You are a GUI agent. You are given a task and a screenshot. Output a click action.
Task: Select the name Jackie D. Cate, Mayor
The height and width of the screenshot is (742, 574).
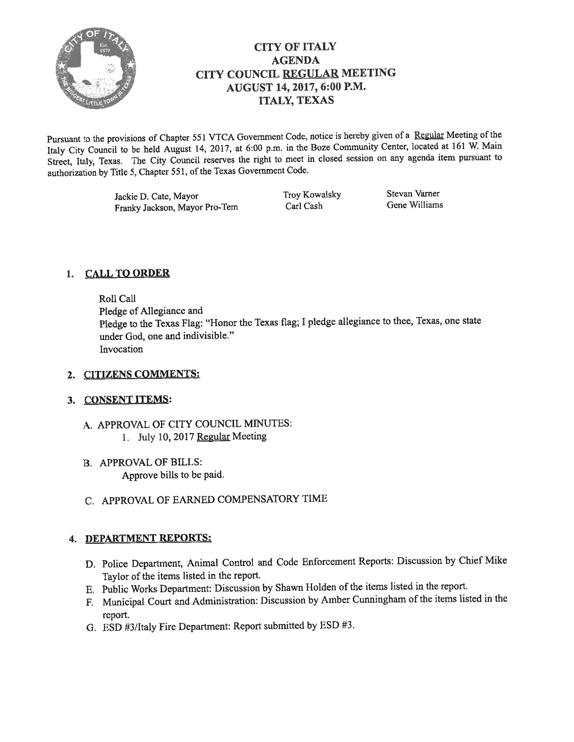point(157,197)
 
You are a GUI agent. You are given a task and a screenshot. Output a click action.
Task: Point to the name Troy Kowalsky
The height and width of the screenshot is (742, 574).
point(312,195)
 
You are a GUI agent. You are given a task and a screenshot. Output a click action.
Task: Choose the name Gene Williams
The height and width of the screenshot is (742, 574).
point(414,205)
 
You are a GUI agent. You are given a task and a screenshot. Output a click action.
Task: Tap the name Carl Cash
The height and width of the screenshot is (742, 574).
point(304,206)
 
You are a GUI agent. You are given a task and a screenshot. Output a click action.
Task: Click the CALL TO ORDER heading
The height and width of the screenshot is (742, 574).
point(127,273)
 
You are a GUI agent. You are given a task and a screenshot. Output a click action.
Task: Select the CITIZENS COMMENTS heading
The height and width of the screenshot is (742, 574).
point(142,374)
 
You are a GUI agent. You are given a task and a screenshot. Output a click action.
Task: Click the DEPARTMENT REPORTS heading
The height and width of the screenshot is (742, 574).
point(148,538)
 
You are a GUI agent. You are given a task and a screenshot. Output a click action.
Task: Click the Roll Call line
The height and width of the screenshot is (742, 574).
point(117,299)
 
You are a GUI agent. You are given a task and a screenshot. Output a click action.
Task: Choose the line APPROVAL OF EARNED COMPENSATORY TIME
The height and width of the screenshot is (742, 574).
point(214,500)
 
